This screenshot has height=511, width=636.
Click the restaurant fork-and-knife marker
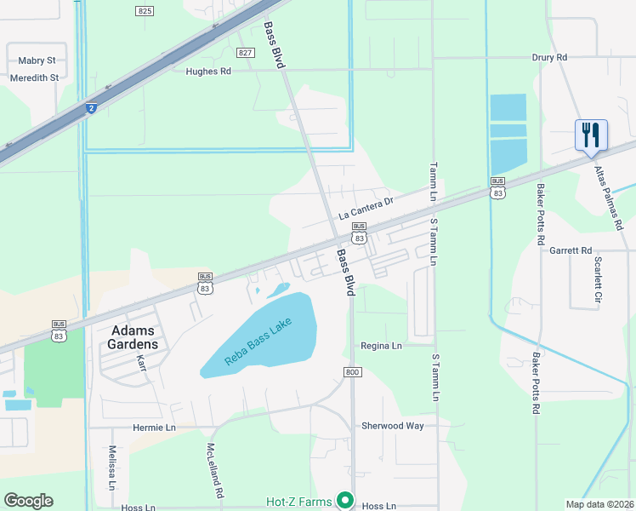591,135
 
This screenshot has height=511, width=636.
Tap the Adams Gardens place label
132,337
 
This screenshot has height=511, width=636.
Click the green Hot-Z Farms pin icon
344,500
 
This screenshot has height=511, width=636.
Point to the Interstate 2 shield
91,108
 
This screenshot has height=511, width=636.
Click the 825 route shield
145,10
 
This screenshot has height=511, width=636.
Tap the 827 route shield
246,53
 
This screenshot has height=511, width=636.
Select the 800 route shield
354,372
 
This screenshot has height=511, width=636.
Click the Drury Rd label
549,57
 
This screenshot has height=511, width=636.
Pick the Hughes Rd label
208,72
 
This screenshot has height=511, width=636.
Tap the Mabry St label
37,60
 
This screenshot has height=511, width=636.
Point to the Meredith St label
34,77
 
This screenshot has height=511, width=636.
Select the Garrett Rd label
570,250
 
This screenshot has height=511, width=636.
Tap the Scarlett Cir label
599,280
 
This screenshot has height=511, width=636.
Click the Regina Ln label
381,346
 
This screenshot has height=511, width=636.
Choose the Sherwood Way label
392,425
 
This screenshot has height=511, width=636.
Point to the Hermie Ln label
154,427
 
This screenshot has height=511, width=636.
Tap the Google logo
28,500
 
